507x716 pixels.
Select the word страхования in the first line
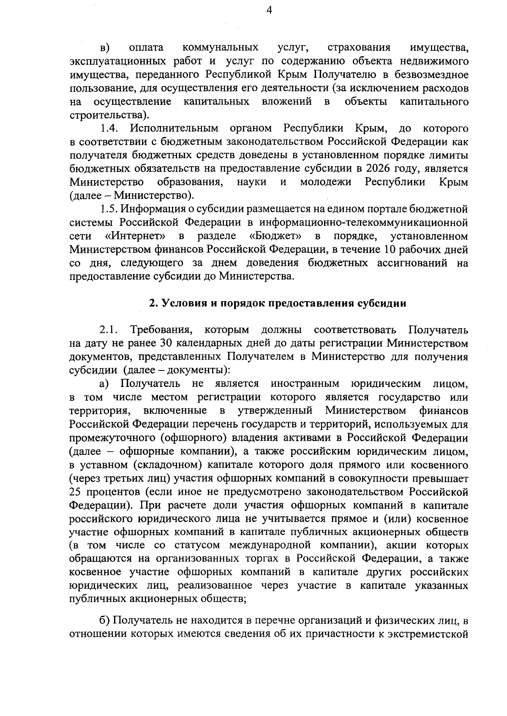[359, 47]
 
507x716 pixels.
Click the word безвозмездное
[431, 74]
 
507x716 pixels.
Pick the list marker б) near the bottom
[105, 621]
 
